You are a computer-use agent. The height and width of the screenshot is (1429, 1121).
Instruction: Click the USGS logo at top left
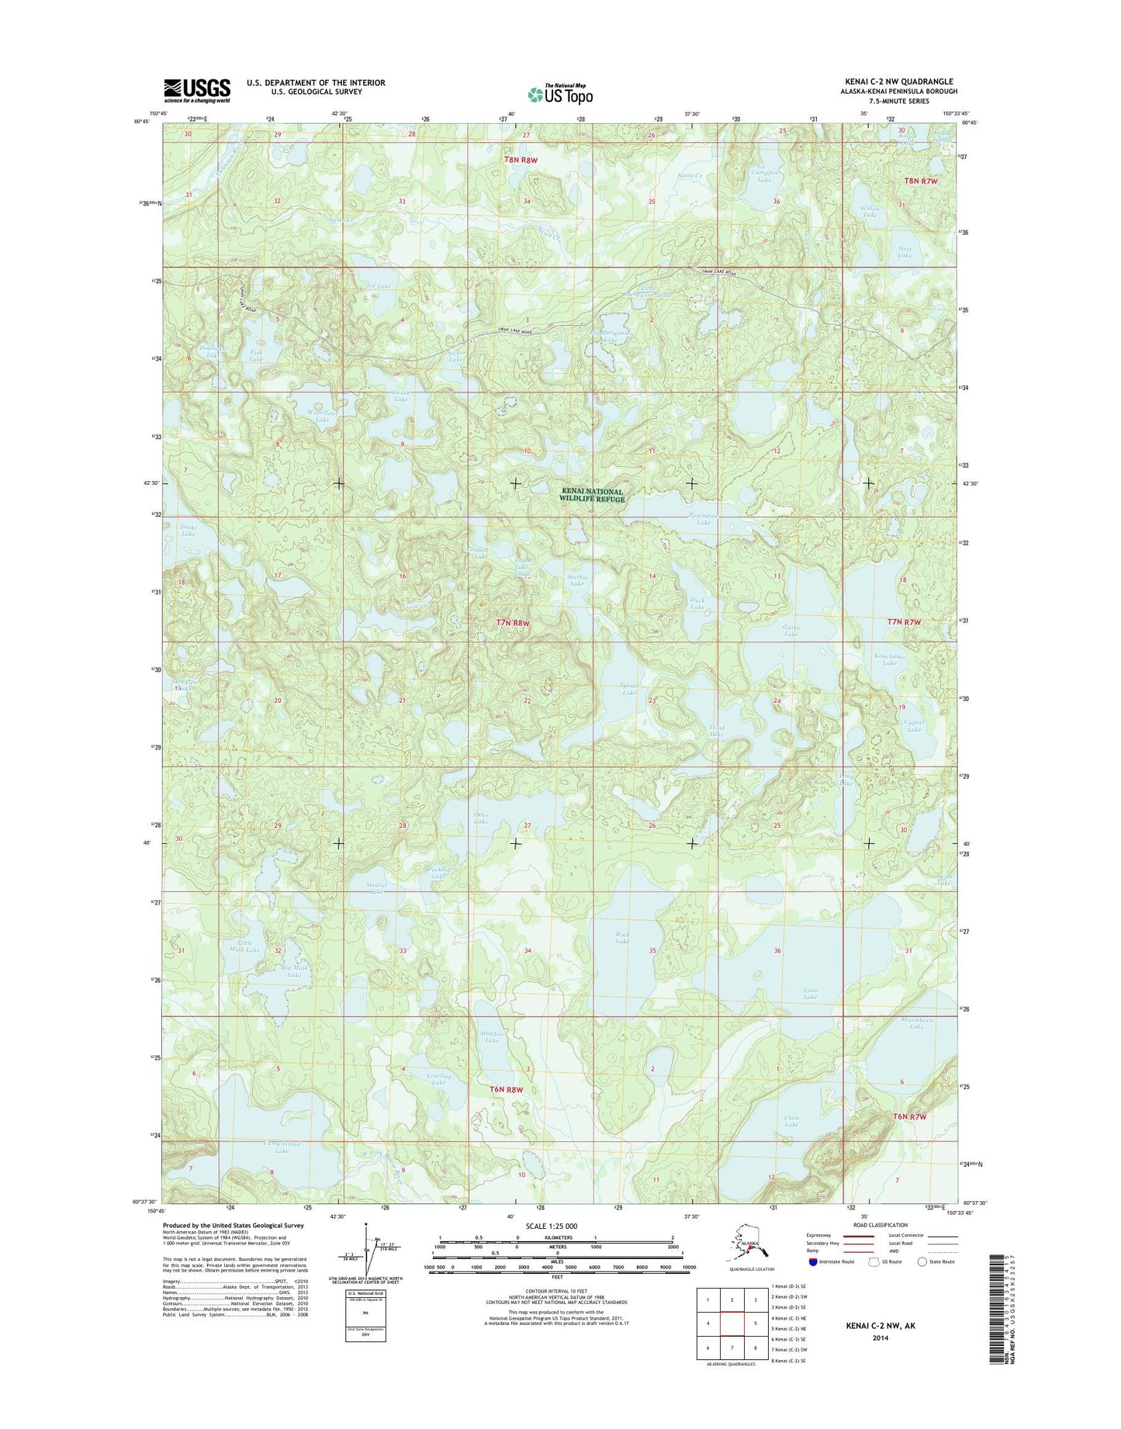[x=196, y=90]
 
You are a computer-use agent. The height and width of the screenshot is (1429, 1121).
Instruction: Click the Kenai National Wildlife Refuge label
[x=593, y=496]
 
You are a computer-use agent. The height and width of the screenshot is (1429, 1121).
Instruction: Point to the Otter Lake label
[x=481, y=818]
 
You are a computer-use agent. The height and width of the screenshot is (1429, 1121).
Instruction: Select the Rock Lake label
[x=621, y=938]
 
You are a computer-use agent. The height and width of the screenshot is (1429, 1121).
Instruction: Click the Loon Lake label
[x=810, y=994]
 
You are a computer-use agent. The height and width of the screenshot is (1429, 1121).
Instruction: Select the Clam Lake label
[x=791, y=1121]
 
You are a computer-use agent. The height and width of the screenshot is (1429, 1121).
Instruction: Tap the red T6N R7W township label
[x=910, y=1116]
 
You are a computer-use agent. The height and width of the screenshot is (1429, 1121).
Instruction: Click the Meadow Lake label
[x=493, y=1036]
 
